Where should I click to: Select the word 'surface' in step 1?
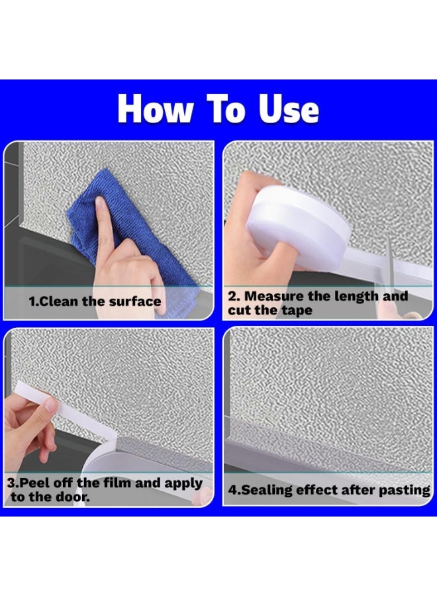(135, 301)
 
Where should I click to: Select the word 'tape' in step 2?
(297, 310)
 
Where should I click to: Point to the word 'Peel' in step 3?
(34, 483)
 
